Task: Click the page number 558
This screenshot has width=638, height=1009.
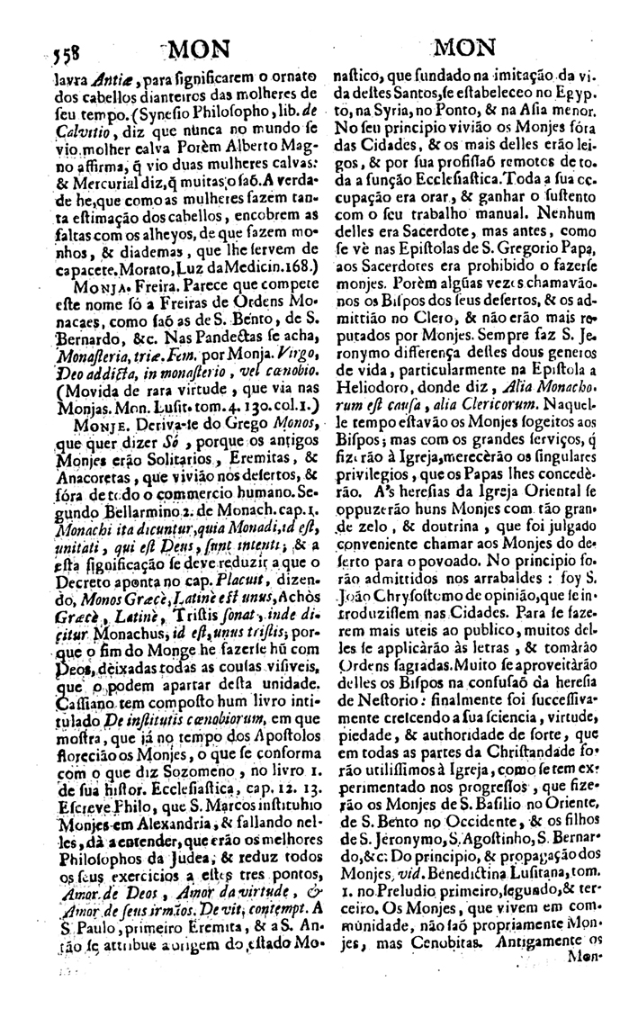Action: tap(61, 50)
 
